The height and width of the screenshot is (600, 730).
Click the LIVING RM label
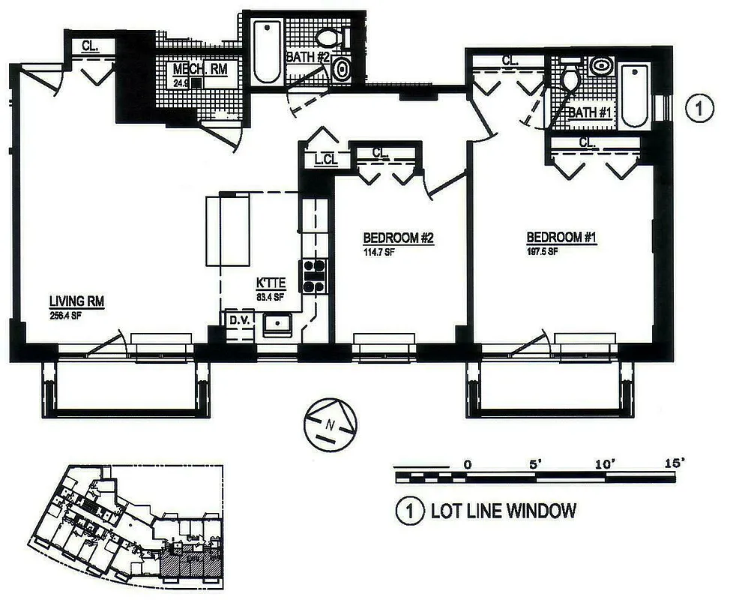coord(76,301)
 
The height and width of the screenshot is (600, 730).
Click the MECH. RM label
coord(198,70)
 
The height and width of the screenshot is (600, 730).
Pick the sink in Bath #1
coord(600,66)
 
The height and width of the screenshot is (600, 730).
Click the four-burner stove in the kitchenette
coord(313,275)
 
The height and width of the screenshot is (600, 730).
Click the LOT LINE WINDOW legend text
coord(503,511)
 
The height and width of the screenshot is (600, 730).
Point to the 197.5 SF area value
coord(541,251)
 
